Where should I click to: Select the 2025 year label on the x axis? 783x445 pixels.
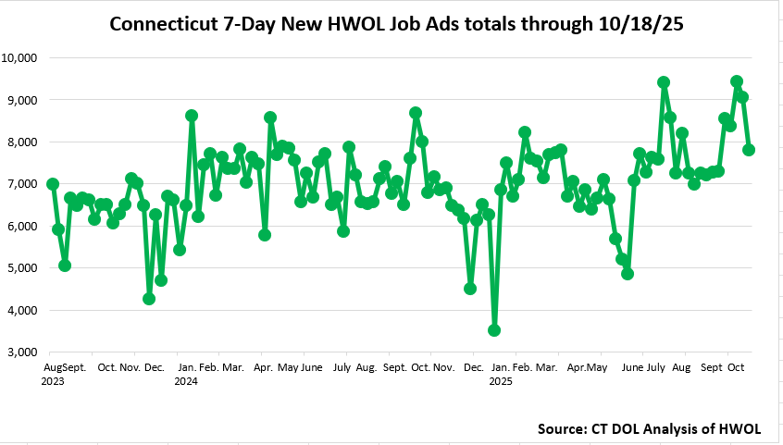coord(501,380)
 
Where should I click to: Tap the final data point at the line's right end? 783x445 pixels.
coord(749,150)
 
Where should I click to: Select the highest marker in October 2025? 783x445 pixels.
coord(737,81)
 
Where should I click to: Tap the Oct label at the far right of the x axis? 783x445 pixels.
coord(737,367)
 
